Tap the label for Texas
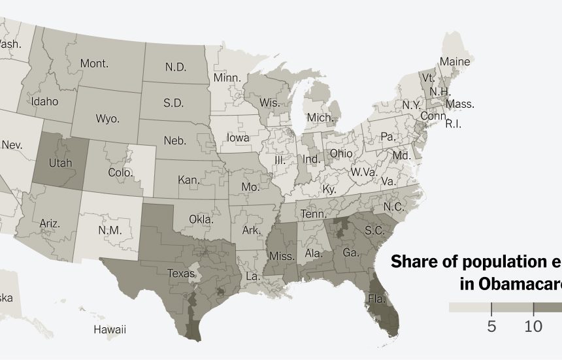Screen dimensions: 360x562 click(180, 273)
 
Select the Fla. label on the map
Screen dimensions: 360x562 click(376, 299)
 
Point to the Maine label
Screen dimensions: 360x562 click(454, 61)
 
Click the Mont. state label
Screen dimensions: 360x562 click(94, 63)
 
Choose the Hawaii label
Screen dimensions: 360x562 click(109, 329)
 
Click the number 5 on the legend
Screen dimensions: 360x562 click(491, 326)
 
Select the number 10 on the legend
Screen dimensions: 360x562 click(534, 326)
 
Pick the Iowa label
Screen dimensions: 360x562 click(238, 138)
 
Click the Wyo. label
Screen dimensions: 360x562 click(107, 119)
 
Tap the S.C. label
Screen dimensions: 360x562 click(374, 231)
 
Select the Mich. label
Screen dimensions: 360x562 click(320, 118)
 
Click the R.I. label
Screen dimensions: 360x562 click(453, 123)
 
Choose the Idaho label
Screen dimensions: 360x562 click(44, 101)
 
